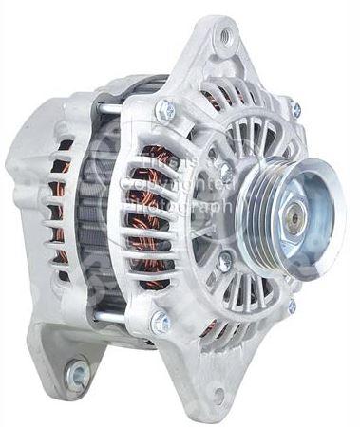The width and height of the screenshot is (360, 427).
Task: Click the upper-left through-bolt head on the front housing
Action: [166, 109]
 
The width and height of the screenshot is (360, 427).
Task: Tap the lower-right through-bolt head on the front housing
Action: [290, 306]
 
